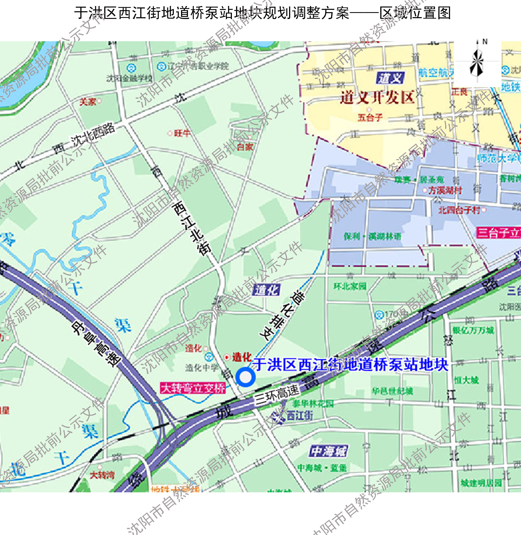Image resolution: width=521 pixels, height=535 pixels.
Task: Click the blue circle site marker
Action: [246, 377]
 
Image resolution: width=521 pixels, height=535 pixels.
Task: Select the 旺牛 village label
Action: [182, 133]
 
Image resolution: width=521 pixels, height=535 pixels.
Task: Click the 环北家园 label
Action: [350, 286]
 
